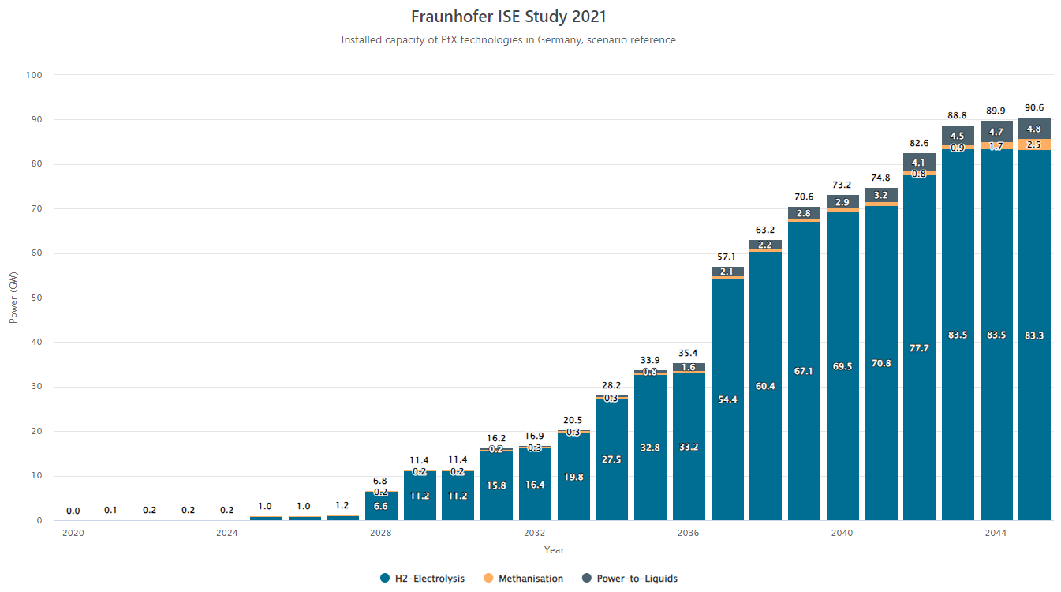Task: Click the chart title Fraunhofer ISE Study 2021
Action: tap(509, 17)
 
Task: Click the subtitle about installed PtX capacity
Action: tap(509, 39)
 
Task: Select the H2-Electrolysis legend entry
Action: tap(422, 579)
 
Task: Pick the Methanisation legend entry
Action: tap(522, 579)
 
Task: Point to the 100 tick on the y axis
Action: tap(34, 75)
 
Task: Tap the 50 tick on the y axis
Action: tap(36, 298)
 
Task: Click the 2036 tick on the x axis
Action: tap(689, 533)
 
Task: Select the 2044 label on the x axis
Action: tap(996, 533)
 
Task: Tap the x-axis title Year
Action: tap(554, 549)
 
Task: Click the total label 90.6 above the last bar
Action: tap(1034, 108)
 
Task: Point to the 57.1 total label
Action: tap(727, 257)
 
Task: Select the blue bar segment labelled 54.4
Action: tap(727, 400)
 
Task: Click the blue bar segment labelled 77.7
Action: tap(919, 348)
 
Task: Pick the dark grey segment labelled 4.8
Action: tap(1034, 129)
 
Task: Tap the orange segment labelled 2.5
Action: tap(1034, 144)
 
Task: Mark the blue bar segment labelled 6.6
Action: tap(381, 506)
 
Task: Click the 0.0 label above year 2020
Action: tap(73, 511)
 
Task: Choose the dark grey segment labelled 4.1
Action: tap(919, 163)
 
